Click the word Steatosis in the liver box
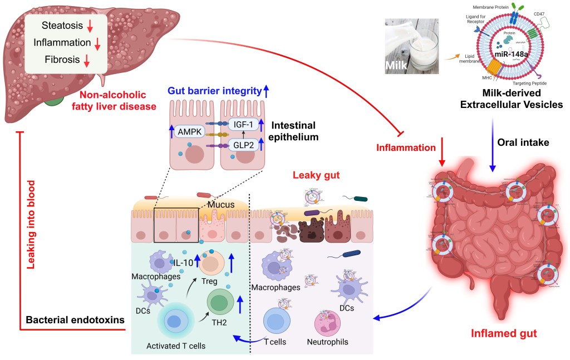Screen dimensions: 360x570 pos(61,26)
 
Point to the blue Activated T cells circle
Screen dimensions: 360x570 pos(175,323)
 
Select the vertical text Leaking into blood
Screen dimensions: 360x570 pos(32,224)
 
